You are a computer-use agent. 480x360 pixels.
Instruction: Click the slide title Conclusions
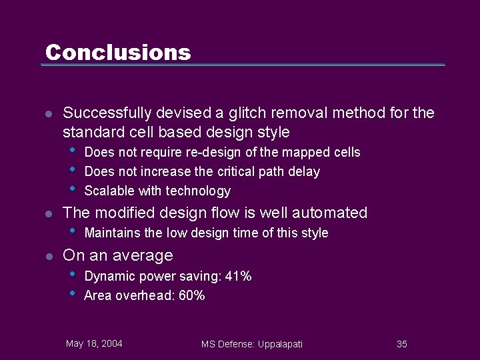[118, 52]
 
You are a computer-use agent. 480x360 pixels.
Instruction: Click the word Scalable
[109, 191]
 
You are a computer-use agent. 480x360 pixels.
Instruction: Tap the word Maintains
[112, 233]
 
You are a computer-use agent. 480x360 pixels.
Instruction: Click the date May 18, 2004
[94, 344]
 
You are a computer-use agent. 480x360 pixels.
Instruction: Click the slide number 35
[402, 344]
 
